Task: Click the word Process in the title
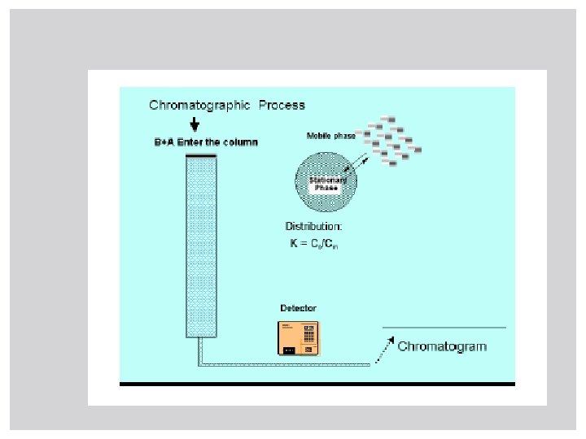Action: tap(282, 105)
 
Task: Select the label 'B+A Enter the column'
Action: tap(206, 142)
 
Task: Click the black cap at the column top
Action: tap(200, 154)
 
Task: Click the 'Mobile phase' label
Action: tap(330, 136)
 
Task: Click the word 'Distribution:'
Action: tap(313, 226)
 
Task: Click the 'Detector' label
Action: tap(298, 308)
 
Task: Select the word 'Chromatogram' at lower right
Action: tap(442, 346)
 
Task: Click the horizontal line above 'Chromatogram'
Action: tap(444, 328)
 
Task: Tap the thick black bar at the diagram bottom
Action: tap(317, 383)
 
